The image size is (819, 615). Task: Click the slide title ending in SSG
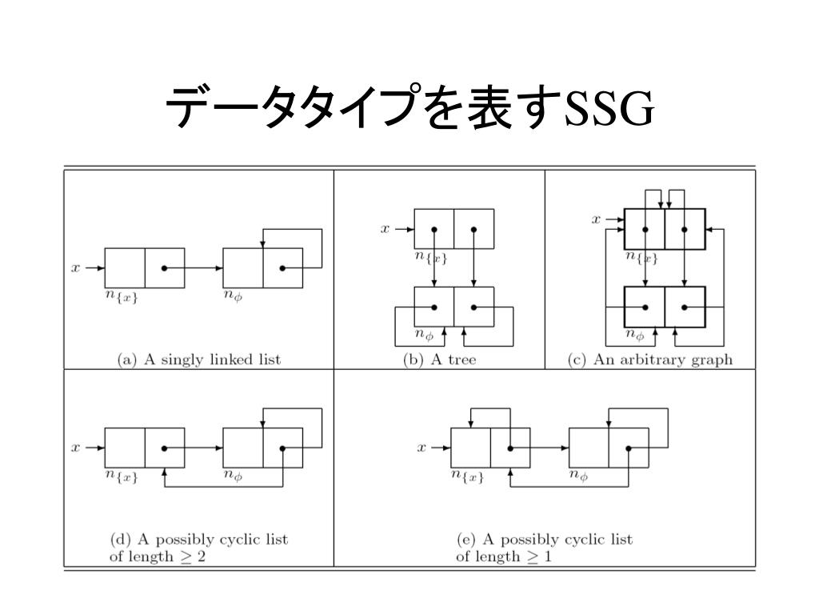[x=409, y=109]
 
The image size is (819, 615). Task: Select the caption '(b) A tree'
[x=439, y=360]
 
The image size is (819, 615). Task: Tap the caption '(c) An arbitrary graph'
[x=649, y=360]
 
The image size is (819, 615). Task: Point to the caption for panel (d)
[x=198, y=548]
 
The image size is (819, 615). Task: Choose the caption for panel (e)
[x=544, y=548]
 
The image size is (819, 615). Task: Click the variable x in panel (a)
[x=76, y=268]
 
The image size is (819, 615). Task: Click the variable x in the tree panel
[x=385, y=229]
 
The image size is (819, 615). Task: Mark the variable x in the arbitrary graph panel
[x=596, y=218]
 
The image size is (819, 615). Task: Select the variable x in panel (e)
[x=421, y=448]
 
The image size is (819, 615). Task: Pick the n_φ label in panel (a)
[x=233, y=297]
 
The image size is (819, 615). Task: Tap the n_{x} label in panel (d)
[x=122, y=476]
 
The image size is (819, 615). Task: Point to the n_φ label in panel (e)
[x=578, y=476]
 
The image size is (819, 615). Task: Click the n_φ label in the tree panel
[x=424, y=335]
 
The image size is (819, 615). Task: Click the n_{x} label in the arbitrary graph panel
[x=641, y=257]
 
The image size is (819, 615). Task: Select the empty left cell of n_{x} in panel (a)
[x=125, y=268]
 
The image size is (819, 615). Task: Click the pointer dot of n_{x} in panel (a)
[x=164, y=268]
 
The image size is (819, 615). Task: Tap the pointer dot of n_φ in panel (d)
[x=282, y=448]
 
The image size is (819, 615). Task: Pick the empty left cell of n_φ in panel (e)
[x=589, y=448]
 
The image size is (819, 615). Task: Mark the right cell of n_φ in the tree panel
[x=473, y=306]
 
